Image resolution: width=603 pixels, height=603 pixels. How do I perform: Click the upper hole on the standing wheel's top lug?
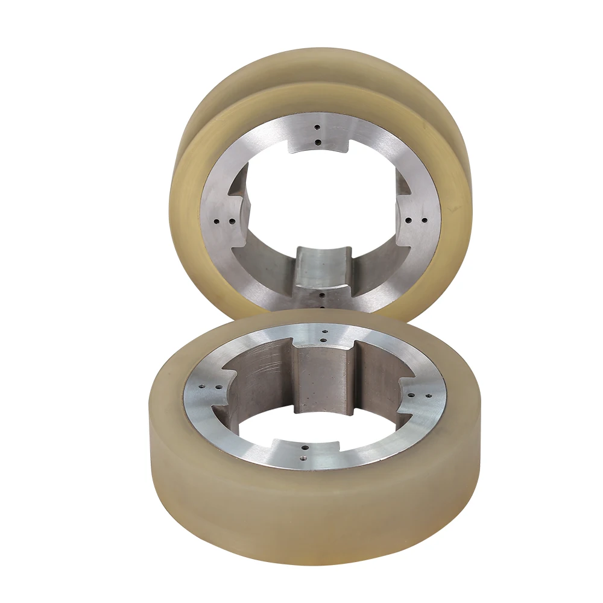pyautogui.click(x=317, y=127)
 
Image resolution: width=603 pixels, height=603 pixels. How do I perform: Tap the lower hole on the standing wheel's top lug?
pyautogui.click(x=318, y=142)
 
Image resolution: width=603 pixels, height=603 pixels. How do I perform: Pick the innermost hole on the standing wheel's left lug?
pyautogui.click(x=230, y=222)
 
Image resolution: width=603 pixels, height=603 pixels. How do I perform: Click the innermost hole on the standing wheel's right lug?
pyautogui.click(x=409, y=221)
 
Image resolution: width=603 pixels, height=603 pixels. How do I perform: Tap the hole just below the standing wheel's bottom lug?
pyautogui.click(x=322, y=295)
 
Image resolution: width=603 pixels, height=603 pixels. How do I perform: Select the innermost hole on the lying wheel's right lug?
pyautogui.click(x=412, y=395)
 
